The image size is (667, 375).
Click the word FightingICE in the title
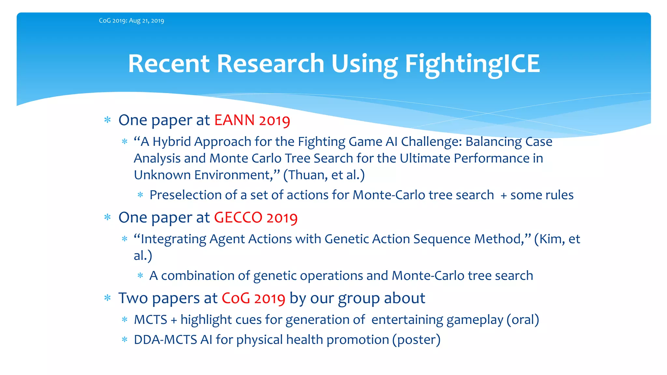[472, 64]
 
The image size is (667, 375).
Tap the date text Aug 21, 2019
[147, 21]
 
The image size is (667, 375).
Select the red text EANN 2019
[252, 120]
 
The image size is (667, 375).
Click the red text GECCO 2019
[256, 218]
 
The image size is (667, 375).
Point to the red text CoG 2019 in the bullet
[253, 299]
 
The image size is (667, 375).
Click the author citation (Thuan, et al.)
[324, 175]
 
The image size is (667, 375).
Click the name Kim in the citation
[550, 239]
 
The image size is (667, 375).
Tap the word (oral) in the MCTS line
[523, 320]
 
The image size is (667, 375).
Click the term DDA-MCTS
[165, 340]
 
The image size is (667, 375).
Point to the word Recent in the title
[169, 64]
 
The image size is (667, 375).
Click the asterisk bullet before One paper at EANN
[107, 120]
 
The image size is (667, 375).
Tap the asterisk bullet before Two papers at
[107, 298]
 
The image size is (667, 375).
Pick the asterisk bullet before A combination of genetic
[140, 276]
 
